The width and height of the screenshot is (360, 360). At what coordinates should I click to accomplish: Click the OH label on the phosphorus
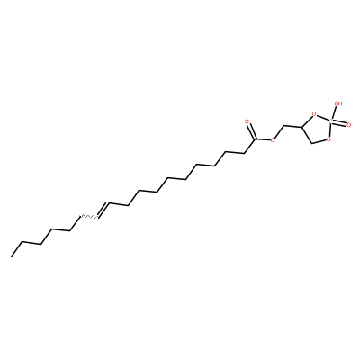[338, 103]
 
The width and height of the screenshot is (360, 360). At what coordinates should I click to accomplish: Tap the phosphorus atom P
[330, 121]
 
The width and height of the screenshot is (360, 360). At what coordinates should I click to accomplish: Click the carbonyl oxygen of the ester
[247, 121]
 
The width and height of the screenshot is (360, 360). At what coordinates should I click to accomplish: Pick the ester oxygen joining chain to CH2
[273, 139]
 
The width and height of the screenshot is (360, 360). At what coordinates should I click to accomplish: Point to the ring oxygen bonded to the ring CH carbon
[314, 114]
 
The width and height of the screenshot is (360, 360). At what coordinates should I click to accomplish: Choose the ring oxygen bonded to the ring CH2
[329, 139]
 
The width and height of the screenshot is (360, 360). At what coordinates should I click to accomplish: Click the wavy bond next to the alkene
[87, 216]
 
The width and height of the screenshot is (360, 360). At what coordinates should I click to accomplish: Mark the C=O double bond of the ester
[251, 130]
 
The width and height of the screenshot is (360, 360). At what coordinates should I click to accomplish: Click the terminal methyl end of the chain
[12, 256]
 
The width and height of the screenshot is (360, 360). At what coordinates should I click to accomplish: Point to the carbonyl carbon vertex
[256, 139]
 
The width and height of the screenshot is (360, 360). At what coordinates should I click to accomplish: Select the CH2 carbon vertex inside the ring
[312, 143]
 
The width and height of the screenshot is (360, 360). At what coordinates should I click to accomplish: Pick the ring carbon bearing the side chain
[301, 128]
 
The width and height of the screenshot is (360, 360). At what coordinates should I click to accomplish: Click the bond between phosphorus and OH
[334, 112]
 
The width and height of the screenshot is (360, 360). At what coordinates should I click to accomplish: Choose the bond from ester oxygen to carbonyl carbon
[263, 139]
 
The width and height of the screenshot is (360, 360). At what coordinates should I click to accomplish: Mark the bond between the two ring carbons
[307, 135]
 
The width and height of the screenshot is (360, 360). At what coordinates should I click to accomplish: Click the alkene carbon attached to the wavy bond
[96, 217]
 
